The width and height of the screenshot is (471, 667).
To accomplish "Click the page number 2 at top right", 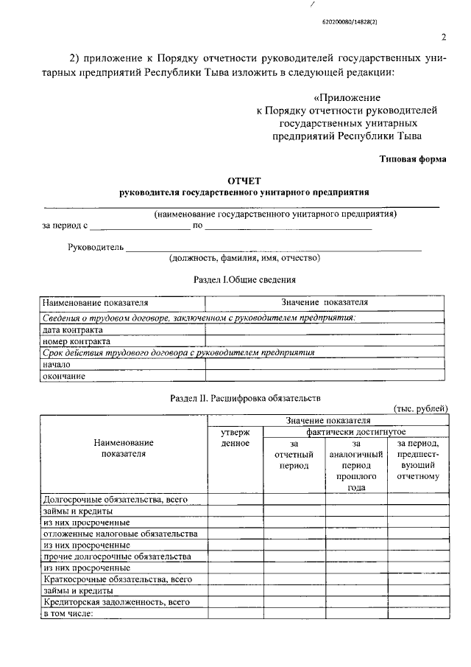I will coord(444,38).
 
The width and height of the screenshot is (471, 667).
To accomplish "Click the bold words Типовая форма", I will coord(412,158).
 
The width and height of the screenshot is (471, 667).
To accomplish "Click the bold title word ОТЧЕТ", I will coord(243,180).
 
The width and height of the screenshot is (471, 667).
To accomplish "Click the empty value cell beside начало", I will coord(324,364).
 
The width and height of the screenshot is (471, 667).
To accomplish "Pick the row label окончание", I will coord(65,376).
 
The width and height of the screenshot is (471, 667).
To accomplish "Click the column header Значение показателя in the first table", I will coord(325,303).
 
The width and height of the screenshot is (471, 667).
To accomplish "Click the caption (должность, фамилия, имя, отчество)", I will coord(244,259).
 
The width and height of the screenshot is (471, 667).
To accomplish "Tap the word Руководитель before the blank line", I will coord(95,247).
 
